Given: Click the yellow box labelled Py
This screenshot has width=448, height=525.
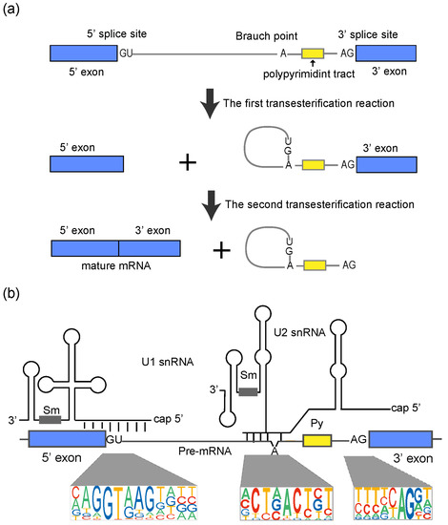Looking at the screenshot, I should click(x=316, y=441).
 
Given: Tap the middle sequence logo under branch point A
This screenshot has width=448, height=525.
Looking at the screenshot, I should click(x=279, y=501).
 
